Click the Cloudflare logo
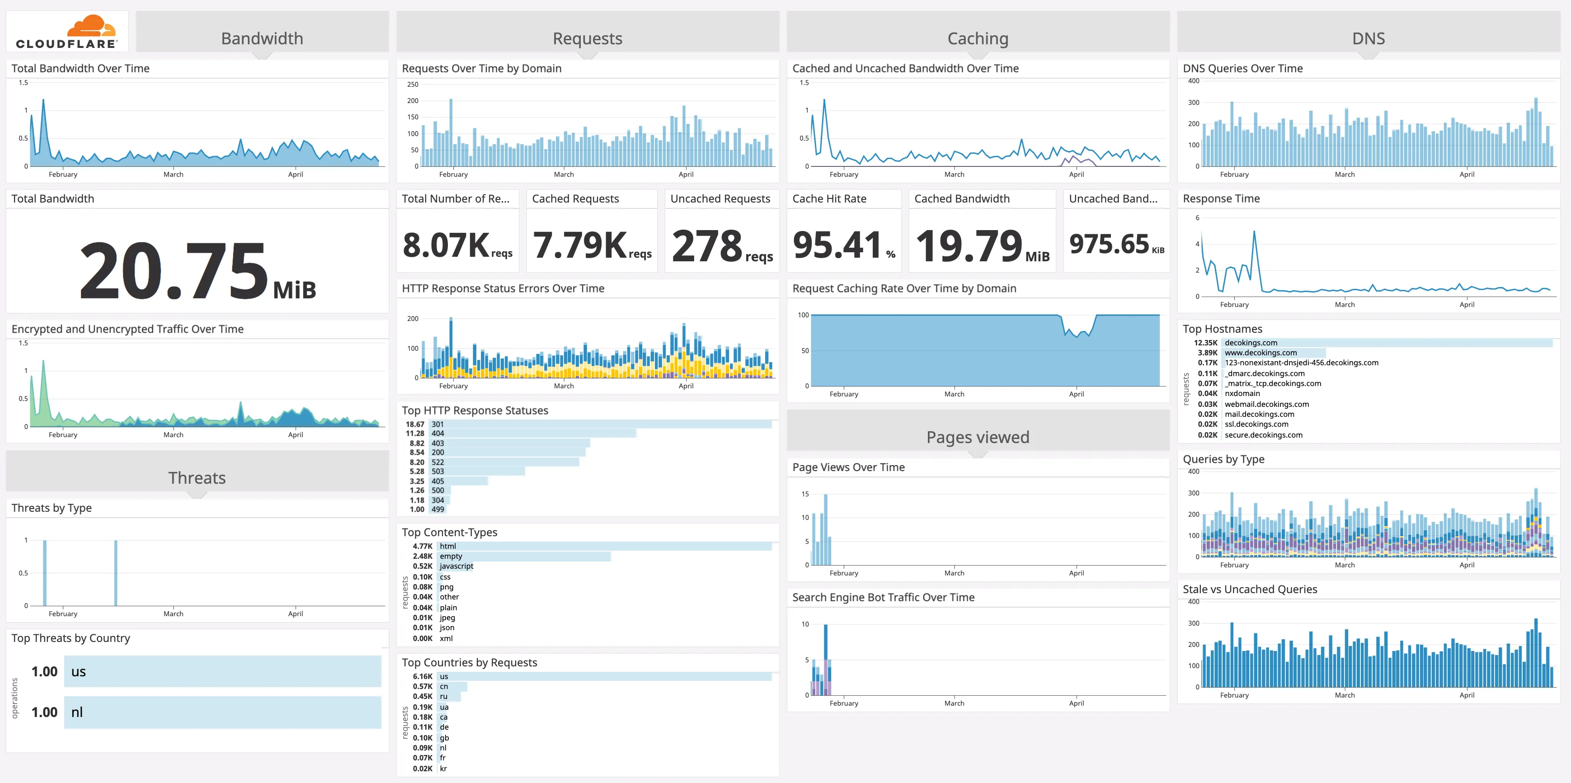click(67, 32)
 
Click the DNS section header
click(1368, 38)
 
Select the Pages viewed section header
click(977, 437)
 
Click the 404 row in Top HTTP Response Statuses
click(438, 434)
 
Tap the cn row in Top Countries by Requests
click(444, 687)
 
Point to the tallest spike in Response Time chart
click(1254, 232)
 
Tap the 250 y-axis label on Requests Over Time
click(413, 85)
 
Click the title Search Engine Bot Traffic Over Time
click(883, 598)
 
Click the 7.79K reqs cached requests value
click(591, 245)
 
